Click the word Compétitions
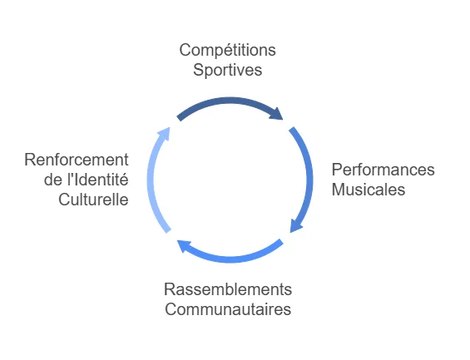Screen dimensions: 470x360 point(227,51)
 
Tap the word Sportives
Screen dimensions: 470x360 point(227,70)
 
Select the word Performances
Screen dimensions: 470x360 point(383,170)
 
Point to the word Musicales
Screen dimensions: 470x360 point(369,190)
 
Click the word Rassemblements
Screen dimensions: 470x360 point(228,289)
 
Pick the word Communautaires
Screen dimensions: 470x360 point(228,309)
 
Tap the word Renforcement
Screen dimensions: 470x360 point(77,160)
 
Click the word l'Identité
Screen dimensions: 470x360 point(98,180)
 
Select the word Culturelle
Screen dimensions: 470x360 point(93,200)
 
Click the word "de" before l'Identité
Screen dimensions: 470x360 point(53,180)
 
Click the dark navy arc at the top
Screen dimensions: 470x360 point(230,101)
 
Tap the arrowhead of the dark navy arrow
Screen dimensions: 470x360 point(277,114)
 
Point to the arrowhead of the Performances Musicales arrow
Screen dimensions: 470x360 point(295,226)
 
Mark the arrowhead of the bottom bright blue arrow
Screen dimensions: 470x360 point(184,246)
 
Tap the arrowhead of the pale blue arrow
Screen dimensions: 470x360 point(165,134)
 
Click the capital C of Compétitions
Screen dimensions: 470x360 point(185,51)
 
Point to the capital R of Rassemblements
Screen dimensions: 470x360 point(170,289)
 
